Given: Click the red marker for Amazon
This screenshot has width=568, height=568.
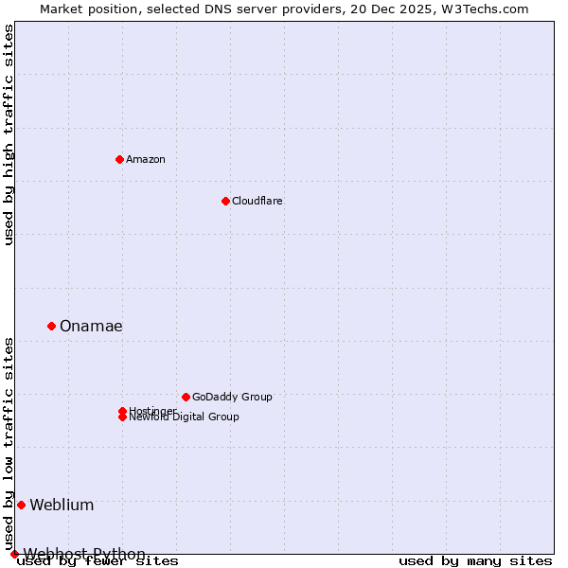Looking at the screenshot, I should pos(119,159).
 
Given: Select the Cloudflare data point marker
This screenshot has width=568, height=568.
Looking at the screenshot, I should pos(225,201).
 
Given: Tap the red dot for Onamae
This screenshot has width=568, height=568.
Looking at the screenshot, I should pos(51,326).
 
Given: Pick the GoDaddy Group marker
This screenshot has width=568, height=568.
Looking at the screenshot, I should pos(186,397).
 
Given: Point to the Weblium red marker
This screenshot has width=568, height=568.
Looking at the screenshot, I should pos(21,505).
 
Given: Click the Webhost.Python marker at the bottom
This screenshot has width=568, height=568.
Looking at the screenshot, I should pos(14,554).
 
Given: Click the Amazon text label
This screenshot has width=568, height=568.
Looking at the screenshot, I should pos(146,159).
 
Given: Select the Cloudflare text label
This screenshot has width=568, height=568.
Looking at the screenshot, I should pos(257,201).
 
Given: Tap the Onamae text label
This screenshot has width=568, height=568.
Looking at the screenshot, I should pos(91,326).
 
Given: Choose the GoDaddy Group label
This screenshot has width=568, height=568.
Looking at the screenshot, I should pos(232,397).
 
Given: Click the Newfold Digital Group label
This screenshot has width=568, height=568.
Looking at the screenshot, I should pos(185,417).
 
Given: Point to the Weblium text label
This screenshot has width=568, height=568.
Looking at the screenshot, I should pos(62,505).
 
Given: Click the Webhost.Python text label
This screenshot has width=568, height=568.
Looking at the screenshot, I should pos(84,554).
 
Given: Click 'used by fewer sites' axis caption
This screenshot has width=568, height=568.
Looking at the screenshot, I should pos(98,561).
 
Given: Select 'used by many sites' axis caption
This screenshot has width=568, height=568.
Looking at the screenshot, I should pos(475,561).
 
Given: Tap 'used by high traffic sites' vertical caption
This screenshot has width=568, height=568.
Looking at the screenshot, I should pos(9,134).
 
